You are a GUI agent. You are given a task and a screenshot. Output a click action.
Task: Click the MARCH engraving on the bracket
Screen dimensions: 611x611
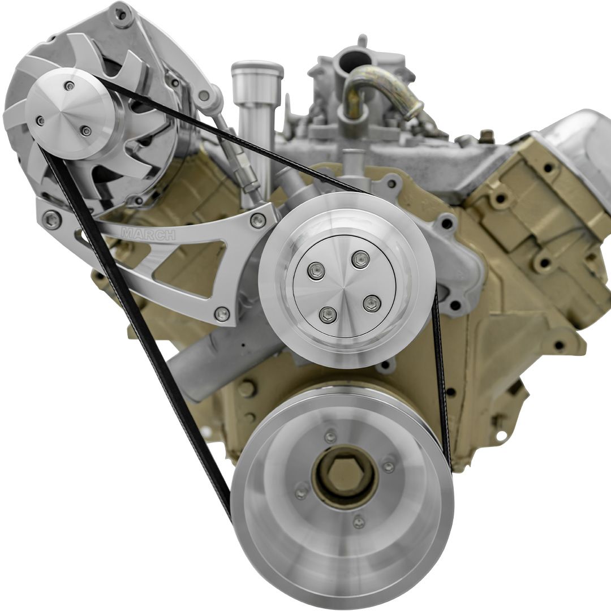[x=148, y=234]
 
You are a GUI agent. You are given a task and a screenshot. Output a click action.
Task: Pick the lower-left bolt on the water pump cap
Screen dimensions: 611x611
[x=328, y=315]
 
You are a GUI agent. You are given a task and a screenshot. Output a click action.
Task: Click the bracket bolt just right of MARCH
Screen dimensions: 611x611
[x=258, y=221]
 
